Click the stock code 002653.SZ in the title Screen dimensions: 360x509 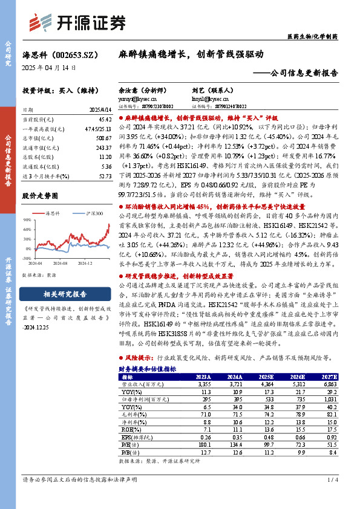point(80,54)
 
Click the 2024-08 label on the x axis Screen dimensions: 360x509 point(61,263)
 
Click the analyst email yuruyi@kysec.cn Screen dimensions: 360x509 point(132,97)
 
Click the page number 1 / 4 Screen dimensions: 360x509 point(331,497)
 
